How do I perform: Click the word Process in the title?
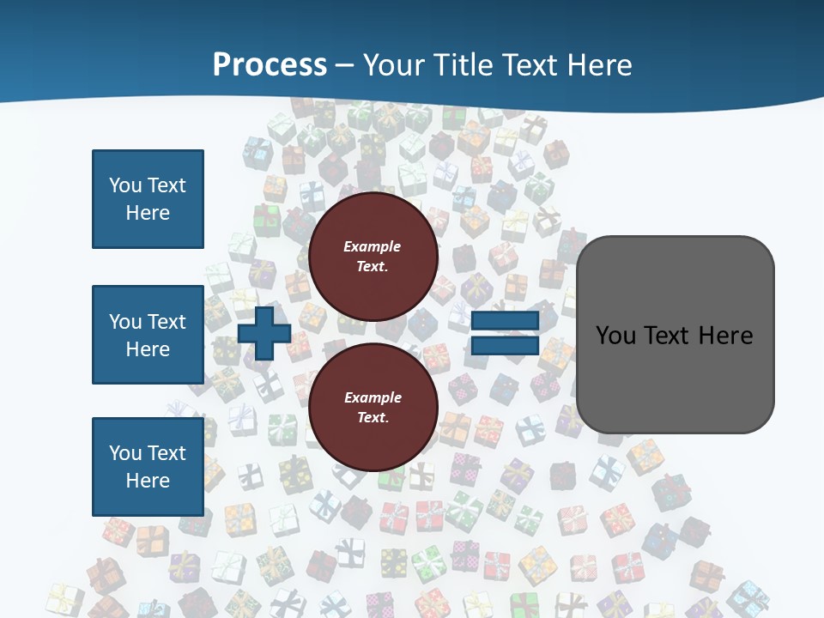[270, 65]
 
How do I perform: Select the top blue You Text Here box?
[148, 199]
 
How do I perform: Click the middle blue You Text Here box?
[148, 335]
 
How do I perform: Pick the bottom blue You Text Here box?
[148, 466]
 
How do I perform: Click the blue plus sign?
[264, 335]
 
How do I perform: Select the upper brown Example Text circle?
[373, 256]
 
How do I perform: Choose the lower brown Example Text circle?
[373, 407]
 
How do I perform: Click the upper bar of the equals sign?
[505, 321]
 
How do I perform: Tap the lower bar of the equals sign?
[505, 346]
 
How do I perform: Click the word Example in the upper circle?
[373, 246]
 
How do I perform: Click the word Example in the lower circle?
[373, 397]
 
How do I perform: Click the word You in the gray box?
[615, 336]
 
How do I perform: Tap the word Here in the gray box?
[725, 336]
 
